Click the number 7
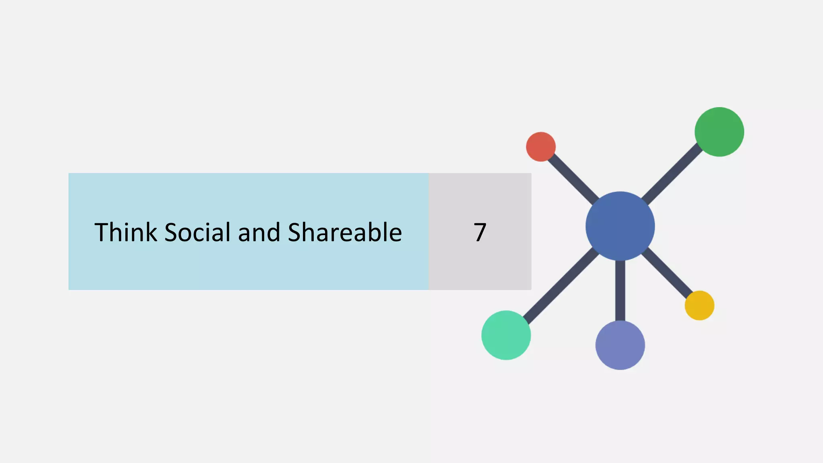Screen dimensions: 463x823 click(x=480, y=232)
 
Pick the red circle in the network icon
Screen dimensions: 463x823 click(x=541, y=147)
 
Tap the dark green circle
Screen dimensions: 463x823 click(x=719, y=132)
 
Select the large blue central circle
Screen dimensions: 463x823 click(x=620, y=226)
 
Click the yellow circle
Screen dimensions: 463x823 click(x=700, y=305)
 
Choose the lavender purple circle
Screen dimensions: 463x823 click(x=620, y=345)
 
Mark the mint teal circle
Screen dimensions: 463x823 click(x=506, y=335)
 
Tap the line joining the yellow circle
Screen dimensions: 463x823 click(x=667, y=273)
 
